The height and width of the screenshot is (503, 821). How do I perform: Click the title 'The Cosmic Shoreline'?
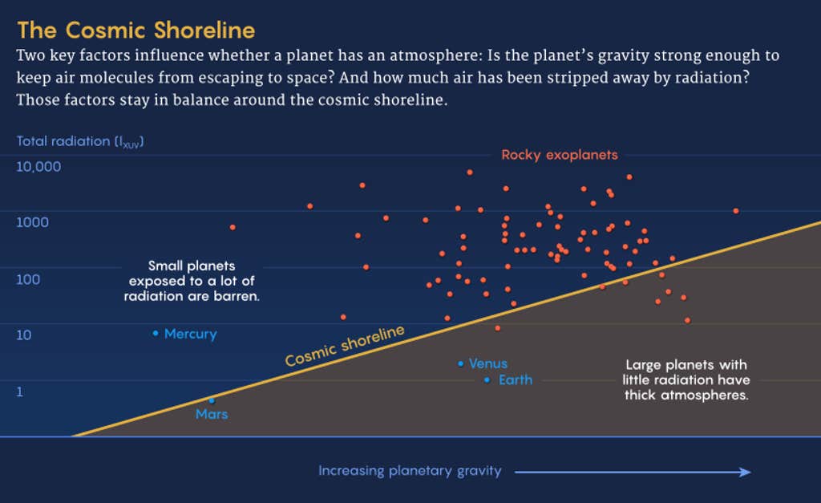pos(136,30)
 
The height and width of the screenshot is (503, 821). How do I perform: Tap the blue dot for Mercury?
pos(156,333)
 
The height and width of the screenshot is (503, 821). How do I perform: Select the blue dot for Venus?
pos(460,363)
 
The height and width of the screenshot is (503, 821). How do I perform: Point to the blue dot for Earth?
pos(487,380)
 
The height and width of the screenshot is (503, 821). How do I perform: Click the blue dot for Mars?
pos(212,401)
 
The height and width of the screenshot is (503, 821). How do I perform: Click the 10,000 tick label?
pos(38,167)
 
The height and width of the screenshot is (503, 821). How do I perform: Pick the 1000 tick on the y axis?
pos(32,222)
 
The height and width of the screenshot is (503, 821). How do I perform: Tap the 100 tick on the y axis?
pos(28,279)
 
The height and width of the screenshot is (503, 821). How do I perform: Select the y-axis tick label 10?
pos(24,335)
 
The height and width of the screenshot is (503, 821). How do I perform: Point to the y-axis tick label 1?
pos(20,392)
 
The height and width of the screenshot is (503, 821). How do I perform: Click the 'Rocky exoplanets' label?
pos(560,155)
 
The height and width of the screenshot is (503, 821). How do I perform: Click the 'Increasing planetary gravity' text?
pos(410,471)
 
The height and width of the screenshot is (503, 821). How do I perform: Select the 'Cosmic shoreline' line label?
pos(345,345)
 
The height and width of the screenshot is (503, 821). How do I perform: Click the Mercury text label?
pos(191,334)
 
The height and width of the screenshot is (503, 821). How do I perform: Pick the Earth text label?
pos(516,380)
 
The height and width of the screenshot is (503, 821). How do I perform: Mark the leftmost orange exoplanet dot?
pos(233,227)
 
